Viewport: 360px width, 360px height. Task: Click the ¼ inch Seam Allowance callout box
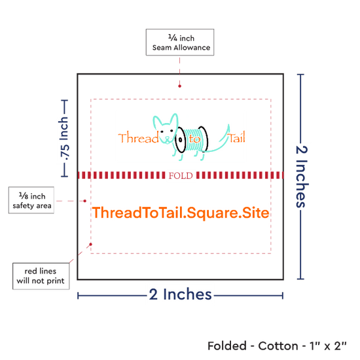coord(180,43)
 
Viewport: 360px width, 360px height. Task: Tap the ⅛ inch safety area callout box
coord(31,200)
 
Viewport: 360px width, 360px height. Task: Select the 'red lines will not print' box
coord(41,276)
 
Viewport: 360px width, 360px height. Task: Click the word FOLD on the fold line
coord(181,175)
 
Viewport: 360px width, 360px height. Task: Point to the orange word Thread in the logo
coord(138,137)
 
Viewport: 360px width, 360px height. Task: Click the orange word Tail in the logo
coord(236,137)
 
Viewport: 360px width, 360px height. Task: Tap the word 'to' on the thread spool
coord(194,139)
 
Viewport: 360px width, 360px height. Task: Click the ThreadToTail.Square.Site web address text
coord(181,213)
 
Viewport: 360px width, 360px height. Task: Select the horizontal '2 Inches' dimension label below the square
coord(180,294)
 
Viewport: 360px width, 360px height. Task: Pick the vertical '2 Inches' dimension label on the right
coord(302,177)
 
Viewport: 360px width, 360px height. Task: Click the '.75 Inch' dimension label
coord(64,139)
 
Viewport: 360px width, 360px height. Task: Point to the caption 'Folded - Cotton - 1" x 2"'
coord(277,346)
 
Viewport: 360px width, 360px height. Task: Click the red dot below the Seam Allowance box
coord(179,86)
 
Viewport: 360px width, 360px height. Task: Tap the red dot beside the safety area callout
coord(84,201)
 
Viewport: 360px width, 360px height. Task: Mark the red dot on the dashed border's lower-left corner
coord(91,244)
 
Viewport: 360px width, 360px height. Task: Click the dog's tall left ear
coord(157,122)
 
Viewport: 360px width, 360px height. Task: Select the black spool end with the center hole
coord(181,139)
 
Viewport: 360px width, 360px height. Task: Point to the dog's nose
coord(167,138)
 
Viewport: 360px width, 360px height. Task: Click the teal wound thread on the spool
coord(193,140)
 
